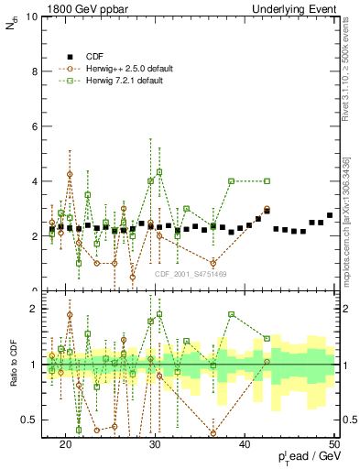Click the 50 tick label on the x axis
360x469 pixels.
point(334,444)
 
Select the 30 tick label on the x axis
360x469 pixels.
point(155,444)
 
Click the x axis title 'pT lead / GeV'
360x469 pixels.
point(306,457)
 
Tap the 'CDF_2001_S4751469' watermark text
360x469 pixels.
point(191,274)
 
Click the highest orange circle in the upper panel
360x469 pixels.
point(70,174)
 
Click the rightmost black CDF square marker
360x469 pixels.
point(329,215)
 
